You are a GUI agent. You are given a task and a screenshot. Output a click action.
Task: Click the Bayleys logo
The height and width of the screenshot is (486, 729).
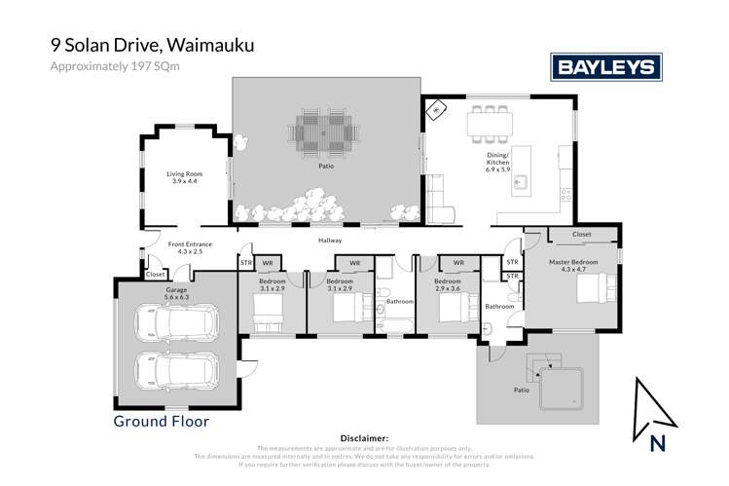[x=607, y=66]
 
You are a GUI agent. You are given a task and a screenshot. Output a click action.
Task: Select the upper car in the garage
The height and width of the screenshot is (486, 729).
[x=175, y=321]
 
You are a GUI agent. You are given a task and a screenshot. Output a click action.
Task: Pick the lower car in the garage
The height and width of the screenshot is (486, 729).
[x=175, y=369]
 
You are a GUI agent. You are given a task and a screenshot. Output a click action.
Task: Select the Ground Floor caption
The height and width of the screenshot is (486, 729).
[x=162, y=422]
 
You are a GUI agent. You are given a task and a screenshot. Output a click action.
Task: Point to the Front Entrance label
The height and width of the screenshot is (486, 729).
[x=190, y=245]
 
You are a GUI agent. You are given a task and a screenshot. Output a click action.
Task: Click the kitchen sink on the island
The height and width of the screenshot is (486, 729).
[x=522, y=180]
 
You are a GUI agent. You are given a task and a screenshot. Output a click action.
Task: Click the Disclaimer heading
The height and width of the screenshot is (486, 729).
[x=364, y=439]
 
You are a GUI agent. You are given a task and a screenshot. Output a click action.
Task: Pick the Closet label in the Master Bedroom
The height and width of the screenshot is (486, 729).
[x=581, y=235]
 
